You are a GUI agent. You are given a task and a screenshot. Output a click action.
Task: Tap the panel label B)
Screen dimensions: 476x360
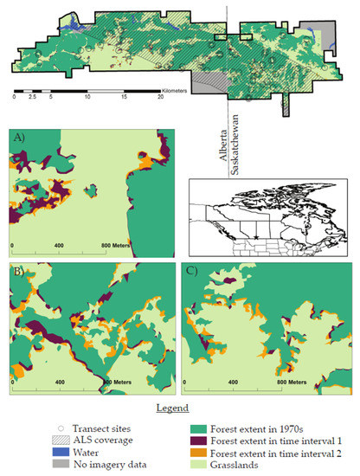click(16, 271)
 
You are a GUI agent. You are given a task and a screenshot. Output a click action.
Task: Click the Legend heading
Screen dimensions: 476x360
click(178, 405)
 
